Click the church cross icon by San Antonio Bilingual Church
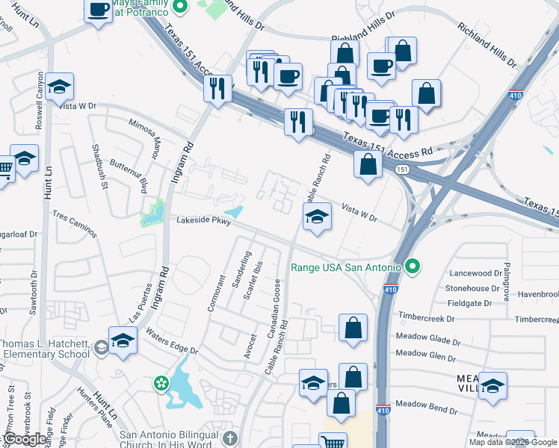click(x=230, y=439)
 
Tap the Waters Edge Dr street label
click(x=173, y=340)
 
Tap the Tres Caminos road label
click(x=75, y=224)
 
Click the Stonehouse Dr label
click(x=472, y=288)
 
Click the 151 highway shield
click(x=401, y=170)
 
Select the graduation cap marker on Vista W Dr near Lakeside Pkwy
click(x=317, y=217)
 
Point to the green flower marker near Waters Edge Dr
click(x=161, y=383)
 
